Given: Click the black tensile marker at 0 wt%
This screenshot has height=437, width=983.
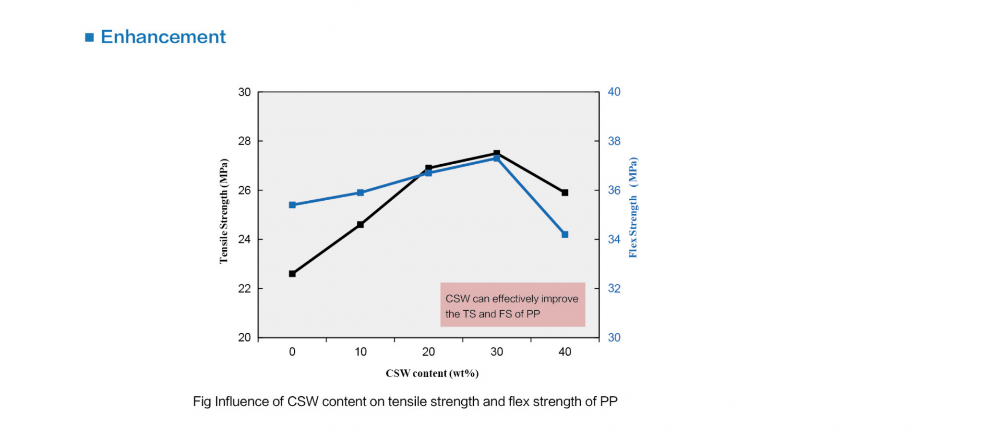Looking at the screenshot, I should click(x=292, y=274).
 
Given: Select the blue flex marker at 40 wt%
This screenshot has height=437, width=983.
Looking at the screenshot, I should click(x=565, y=234).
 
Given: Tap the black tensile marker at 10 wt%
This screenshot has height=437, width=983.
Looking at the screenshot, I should click(x=360, y=224).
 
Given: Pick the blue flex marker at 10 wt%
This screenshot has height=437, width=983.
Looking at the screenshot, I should click(x=360, y=193).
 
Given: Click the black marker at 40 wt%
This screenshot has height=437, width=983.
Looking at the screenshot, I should click(x=565, y=193).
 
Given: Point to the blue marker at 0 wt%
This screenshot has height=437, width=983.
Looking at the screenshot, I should click(x=292, y=205).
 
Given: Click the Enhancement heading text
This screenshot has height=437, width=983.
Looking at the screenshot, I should click(x=163, y=37).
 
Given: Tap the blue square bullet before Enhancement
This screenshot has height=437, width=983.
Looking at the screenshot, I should click(x=89, y=37).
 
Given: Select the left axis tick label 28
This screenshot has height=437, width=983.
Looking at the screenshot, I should click(x=244, y=141).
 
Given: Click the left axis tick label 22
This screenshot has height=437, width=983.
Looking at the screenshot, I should click(x=244, y=289).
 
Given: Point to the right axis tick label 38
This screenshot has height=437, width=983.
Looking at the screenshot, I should click(x=614, y=141).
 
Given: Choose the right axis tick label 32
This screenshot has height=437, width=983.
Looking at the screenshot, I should click(x=614, y=289).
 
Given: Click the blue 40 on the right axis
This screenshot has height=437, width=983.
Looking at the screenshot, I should click(x=614, y=92).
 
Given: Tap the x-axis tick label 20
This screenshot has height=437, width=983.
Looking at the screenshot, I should click(x=428, y=352).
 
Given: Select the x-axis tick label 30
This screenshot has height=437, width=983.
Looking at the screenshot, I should click(x=496, y=352).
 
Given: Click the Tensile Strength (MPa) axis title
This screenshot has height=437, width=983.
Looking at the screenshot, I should click(x=224, y=211).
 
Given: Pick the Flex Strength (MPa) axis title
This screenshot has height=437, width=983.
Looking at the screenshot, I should click(x=633, y=207).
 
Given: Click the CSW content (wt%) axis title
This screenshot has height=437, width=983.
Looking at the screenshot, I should click(x=432, y=374).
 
